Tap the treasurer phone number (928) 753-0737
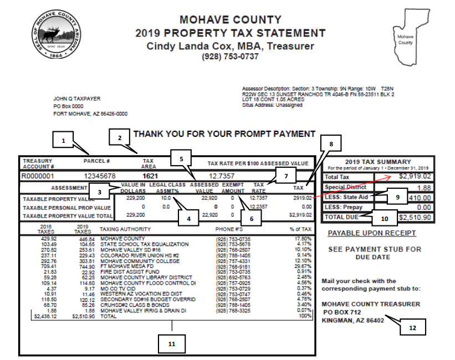pos(230,56)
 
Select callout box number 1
pos(64,141)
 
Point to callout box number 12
pos(412,327)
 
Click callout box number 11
pos(172,343)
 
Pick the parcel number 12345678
pos(100,176)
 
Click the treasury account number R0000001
pos(38,176)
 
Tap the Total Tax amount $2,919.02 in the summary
pos(415,177)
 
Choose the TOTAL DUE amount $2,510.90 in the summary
pos(415,217)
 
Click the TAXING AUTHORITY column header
pos(125,229)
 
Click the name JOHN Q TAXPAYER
pos(77,99)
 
